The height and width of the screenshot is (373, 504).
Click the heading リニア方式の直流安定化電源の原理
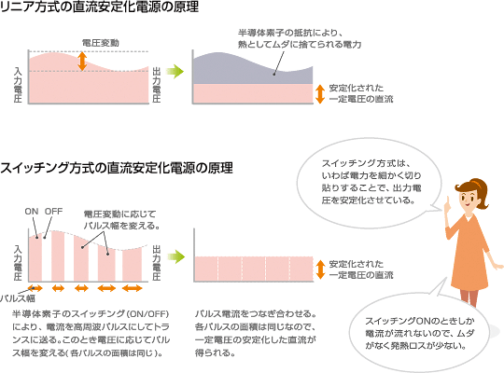[99, 7]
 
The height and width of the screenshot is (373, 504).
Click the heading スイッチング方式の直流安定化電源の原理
[117, 168]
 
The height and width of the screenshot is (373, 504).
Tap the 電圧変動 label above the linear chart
[100, 43]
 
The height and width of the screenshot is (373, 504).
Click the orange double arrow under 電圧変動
[83, 61]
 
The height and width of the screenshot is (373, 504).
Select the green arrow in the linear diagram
[175, 71]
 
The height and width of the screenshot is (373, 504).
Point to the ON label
[32, 212]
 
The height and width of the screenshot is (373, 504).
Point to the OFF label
[54, 212]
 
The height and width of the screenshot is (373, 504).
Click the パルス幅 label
[18, 298]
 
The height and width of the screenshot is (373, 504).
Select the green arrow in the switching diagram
[175, 256]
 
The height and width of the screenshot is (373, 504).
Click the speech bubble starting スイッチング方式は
[370, 183]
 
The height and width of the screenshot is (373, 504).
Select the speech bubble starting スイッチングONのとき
[419, 333]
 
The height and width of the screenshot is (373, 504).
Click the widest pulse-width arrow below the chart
[133, 288]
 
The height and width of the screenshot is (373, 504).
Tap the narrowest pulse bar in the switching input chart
[35, 258]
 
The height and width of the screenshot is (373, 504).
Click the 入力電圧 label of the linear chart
[18, 85]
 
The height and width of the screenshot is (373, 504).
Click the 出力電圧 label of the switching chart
[157, 263]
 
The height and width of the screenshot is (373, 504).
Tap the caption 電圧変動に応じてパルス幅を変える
[121, 220]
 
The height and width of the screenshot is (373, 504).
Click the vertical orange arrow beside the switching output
[320, 269]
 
